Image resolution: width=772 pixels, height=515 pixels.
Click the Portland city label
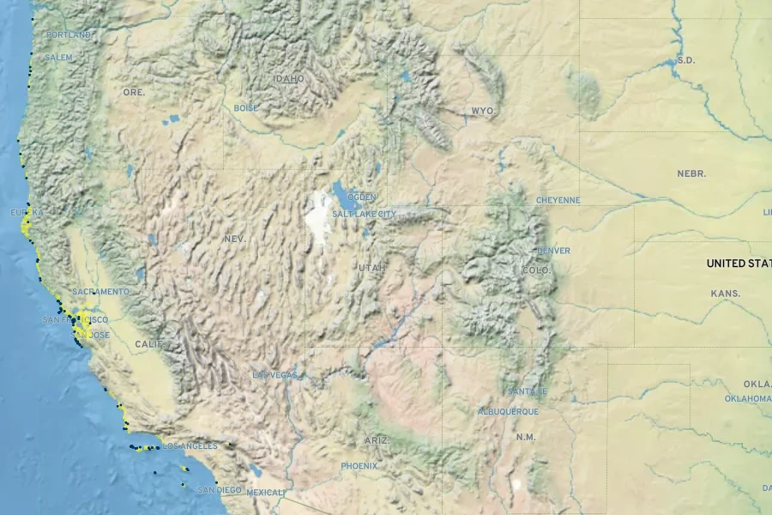coord(69,34)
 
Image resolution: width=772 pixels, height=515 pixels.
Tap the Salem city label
coord(58,58)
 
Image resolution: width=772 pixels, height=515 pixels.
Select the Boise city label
coord(245,108)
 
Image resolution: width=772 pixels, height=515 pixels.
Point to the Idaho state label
coord(288,78)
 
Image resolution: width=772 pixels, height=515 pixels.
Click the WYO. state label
coord(483,112)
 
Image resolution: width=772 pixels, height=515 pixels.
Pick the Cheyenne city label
coord(558,200)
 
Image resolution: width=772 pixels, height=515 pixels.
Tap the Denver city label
coord(552,251)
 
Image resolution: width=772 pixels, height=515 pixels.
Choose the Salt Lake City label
coord(364,214)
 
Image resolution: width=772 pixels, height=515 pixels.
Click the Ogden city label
coord(361,197)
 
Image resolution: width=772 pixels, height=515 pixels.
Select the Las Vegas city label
coord(274,375)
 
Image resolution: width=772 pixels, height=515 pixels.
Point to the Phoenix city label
coord(359,466)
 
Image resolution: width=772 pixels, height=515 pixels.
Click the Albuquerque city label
coord(508,411)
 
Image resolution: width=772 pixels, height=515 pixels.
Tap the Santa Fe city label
coord(527,391)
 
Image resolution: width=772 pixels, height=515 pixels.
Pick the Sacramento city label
coord(100,292)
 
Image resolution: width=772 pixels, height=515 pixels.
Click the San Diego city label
coord(220,490)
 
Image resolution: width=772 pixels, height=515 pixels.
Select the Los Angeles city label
coord(190,446)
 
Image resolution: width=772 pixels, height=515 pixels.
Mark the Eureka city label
coord(26,212)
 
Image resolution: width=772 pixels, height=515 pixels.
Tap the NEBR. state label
coord(691,173)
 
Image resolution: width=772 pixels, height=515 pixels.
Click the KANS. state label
coord(725,294)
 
